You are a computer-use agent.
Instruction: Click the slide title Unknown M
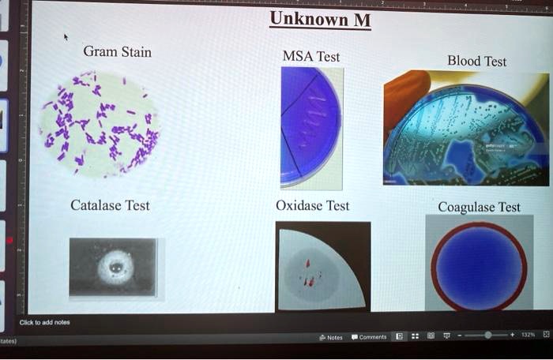tap(319, 19)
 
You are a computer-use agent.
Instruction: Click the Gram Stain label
tap(117, 52)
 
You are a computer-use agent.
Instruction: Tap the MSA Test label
tap(311, 56)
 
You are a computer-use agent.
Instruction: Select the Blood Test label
tap(476, 61)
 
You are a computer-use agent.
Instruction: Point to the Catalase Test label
tap(110, 205)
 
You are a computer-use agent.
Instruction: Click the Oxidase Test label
tap(312, 205)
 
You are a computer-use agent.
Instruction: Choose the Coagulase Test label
tap(479, 207)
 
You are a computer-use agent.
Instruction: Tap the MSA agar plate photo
tap(311, 126)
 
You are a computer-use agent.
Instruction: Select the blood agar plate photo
tap(466, 129)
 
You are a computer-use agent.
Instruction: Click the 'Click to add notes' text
tap(44, 322)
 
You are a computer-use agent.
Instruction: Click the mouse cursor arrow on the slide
tap(66, 36)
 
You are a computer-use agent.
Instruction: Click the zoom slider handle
tap(488, 336)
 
